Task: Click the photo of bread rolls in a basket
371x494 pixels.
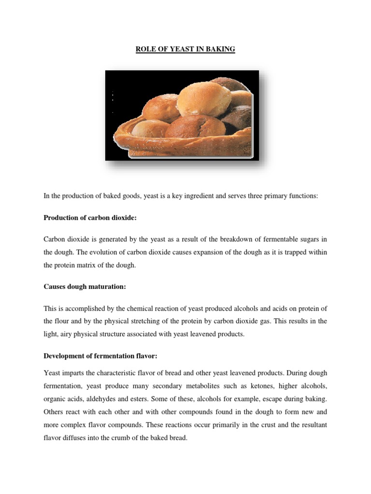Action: pos(182,115)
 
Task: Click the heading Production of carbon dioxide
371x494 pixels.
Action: pos(90,218)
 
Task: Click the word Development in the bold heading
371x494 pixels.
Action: pos(64,356)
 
